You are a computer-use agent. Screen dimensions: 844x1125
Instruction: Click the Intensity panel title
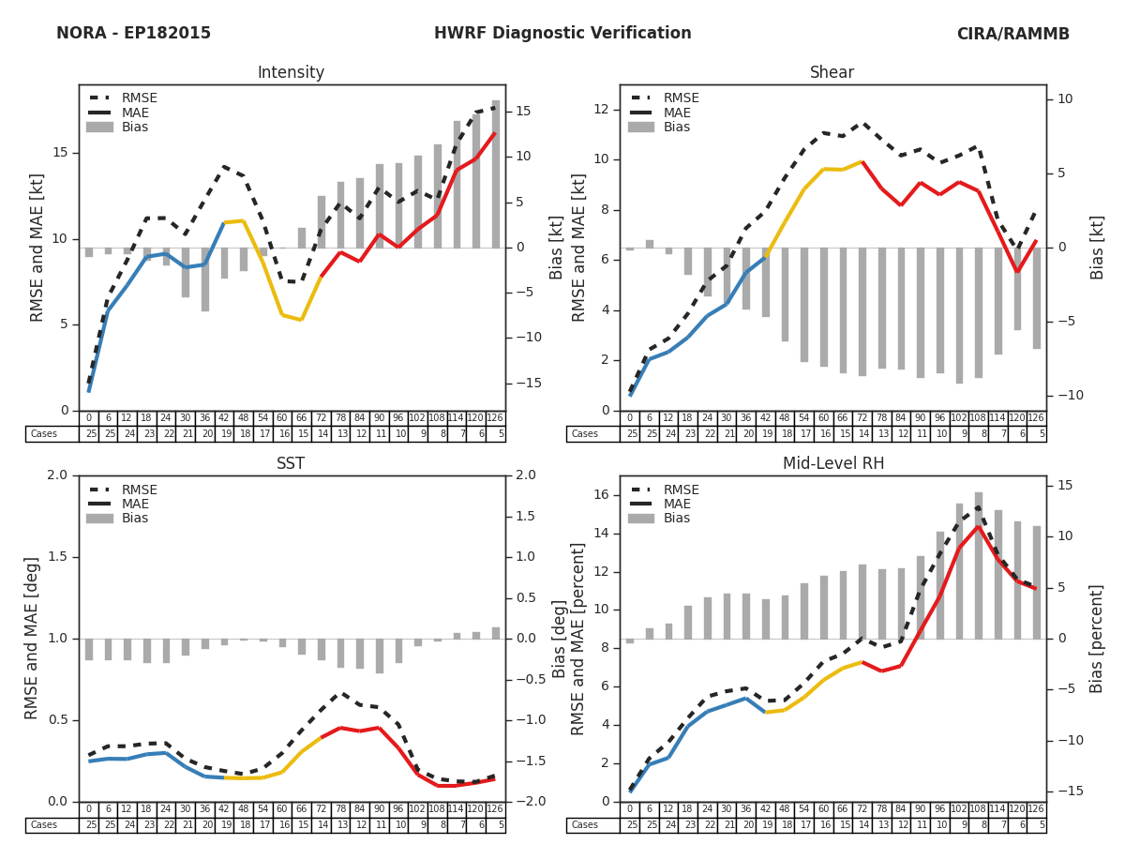[x=291, y=73]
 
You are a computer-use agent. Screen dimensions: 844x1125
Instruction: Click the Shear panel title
[x=832, y=73]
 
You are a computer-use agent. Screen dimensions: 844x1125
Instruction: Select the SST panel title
[x=291, y=464]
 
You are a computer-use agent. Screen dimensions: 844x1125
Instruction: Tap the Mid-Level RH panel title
[x=832, y=464]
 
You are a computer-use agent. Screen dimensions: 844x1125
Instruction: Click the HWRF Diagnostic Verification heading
[x=562, y=34]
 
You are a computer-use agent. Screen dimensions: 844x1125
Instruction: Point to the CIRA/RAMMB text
[x=1012, y=34]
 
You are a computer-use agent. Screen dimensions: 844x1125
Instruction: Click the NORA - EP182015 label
[x=133, y=34]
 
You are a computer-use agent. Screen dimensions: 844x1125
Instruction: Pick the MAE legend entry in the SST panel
[x=135, y=504]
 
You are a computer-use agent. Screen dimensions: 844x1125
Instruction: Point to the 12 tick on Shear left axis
[x=601, y=110]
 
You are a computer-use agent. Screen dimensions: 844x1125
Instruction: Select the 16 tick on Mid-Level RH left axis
[x=601, y=495]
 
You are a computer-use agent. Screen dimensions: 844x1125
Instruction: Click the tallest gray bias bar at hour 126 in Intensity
[x=495, y=173]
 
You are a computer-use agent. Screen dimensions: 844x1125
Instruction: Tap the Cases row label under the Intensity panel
[x=44, y=434]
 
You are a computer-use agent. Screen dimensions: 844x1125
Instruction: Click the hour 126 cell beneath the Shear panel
[x=1036, y=418]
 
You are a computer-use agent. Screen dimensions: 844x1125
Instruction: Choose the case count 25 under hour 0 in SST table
[x=89, y=825]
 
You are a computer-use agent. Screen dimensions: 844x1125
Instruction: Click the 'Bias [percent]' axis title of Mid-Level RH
[x=1097, y=638]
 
